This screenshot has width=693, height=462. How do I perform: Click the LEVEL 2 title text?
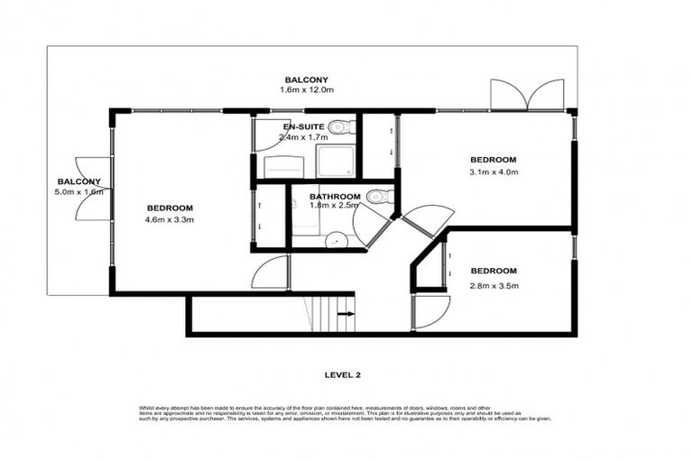(x=346, y=373)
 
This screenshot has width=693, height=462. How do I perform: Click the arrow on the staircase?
(x=346, y=314)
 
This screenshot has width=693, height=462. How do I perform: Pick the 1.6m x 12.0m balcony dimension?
(x=308, y=91)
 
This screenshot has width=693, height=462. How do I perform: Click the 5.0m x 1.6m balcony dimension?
(x=80, y=191)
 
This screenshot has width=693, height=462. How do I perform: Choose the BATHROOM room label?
(x=335, y=197)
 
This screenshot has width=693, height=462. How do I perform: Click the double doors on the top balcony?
(x=526, y=94)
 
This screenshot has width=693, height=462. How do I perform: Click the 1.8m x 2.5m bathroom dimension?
(x=335, y=207)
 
